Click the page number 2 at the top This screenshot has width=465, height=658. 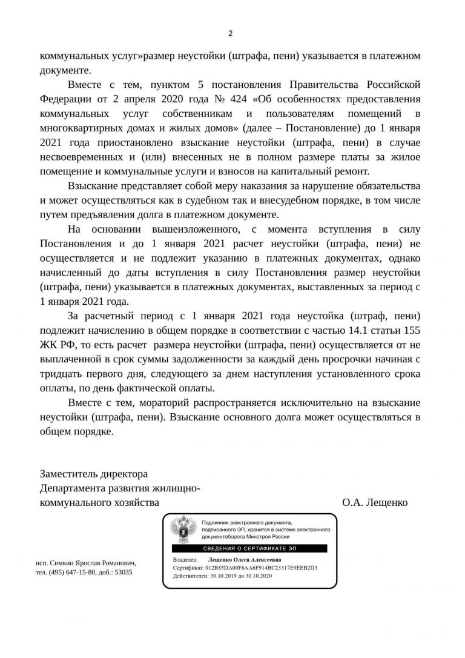click(x=230, y=33)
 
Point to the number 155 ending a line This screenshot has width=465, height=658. click(x=410, y=331)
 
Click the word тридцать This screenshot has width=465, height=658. click(x=62, y=374)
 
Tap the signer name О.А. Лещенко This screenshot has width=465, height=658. click(x=375, y=502)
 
